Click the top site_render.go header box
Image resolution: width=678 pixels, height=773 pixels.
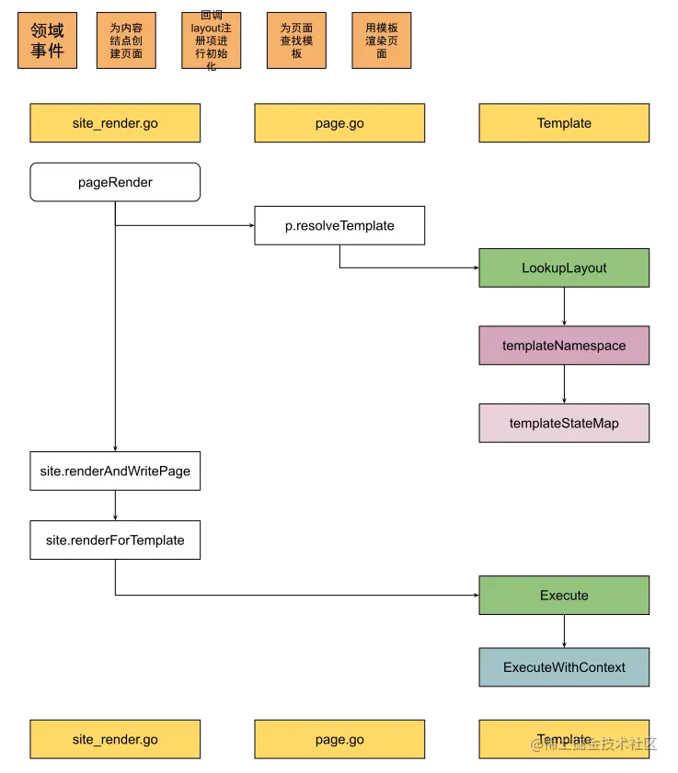[x=115, y=123]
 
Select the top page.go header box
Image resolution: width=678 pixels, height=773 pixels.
[x=339, y=123]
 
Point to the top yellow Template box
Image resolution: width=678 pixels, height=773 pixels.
[x=564, y=123]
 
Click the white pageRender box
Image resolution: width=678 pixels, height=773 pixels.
[x=115, y=182]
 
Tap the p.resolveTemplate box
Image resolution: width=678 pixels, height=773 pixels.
[x=339, y=225]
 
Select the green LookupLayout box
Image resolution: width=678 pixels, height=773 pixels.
[x=564, y=267]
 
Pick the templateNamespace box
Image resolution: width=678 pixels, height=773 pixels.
[x=564, y=346]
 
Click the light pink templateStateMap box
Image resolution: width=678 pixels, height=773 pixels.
[x=564, y=424]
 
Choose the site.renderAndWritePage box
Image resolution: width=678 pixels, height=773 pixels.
[x=115, y=471]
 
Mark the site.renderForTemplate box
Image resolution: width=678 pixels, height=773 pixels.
[x=115, y=540]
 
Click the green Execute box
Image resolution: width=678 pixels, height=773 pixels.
[x=564, y=595]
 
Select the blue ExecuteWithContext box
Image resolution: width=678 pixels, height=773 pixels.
[x=564, y=667]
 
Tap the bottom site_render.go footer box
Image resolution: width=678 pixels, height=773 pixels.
[x=115, y=739]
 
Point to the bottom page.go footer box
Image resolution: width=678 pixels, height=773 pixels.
[x=339, y=739]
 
